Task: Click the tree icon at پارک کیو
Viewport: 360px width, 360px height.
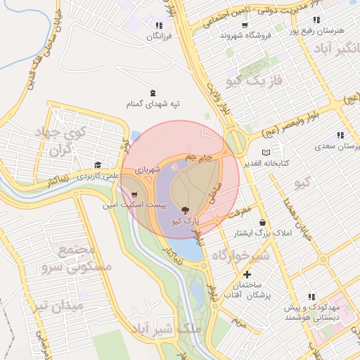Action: tap(185, 210)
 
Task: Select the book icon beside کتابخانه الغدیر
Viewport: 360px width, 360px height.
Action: tap(265, 152)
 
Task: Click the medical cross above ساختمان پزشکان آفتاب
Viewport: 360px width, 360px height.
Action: tap(247, 274)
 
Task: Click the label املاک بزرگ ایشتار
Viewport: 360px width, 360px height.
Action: tap(261, 233)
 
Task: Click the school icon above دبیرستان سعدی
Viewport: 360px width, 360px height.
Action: tap(340, 135)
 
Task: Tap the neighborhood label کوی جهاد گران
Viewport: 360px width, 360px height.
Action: tap(63, 140)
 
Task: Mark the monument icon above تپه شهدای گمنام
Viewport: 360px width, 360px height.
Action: tap(154, 94)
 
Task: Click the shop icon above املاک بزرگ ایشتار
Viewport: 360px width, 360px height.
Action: tap(263, 222)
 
